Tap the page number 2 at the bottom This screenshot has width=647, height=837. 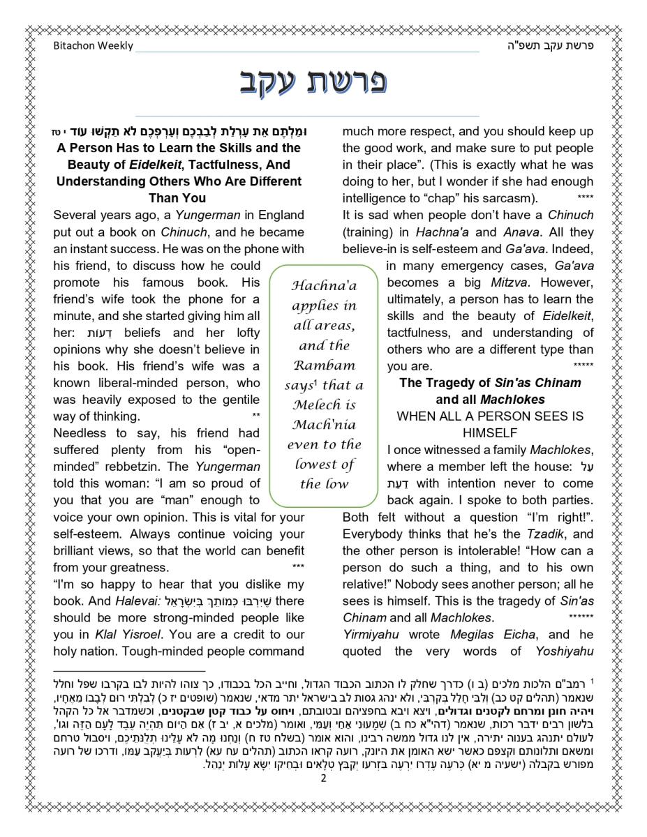point(323,779)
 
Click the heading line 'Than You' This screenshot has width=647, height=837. point(177,198)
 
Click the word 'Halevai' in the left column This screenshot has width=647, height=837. point(131,601)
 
